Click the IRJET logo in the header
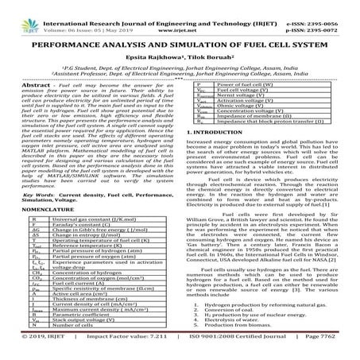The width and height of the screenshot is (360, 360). pyautogui.click(x=23, y=13)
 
